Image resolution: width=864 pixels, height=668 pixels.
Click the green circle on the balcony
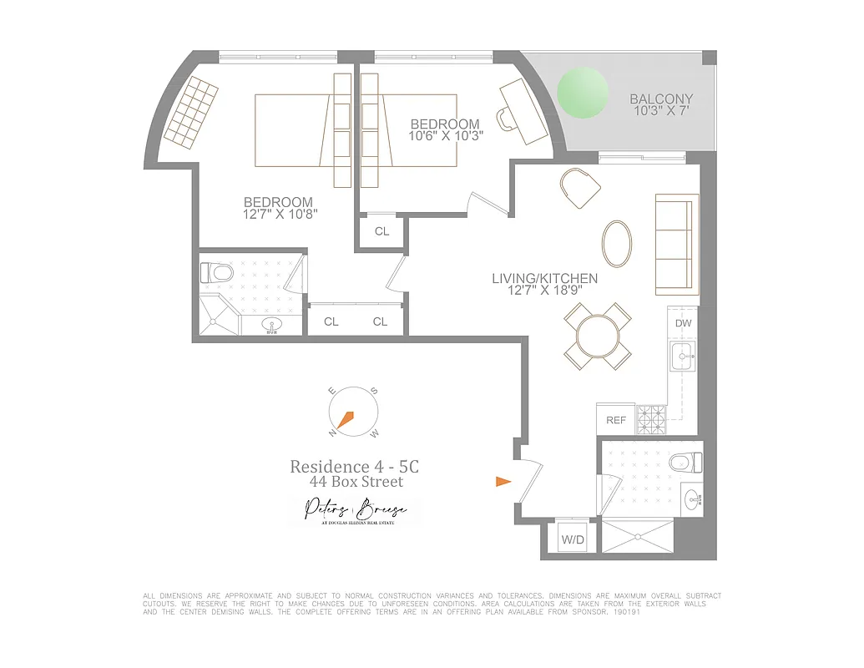583,92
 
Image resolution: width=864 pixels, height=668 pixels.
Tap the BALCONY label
660,99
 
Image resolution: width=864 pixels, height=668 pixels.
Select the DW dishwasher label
683,323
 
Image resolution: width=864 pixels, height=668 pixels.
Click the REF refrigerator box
615,420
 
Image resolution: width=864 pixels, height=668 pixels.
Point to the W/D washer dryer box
573,540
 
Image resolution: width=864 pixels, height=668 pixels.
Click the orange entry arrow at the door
503,481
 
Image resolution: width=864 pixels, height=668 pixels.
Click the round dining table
598,336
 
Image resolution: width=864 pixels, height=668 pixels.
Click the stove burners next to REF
649,418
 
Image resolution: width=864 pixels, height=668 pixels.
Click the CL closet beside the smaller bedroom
381,231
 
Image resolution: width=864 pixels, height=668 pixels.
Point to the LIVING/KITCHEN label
544,279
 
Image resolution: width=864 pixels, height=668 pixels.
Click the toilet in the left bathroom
218,273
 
